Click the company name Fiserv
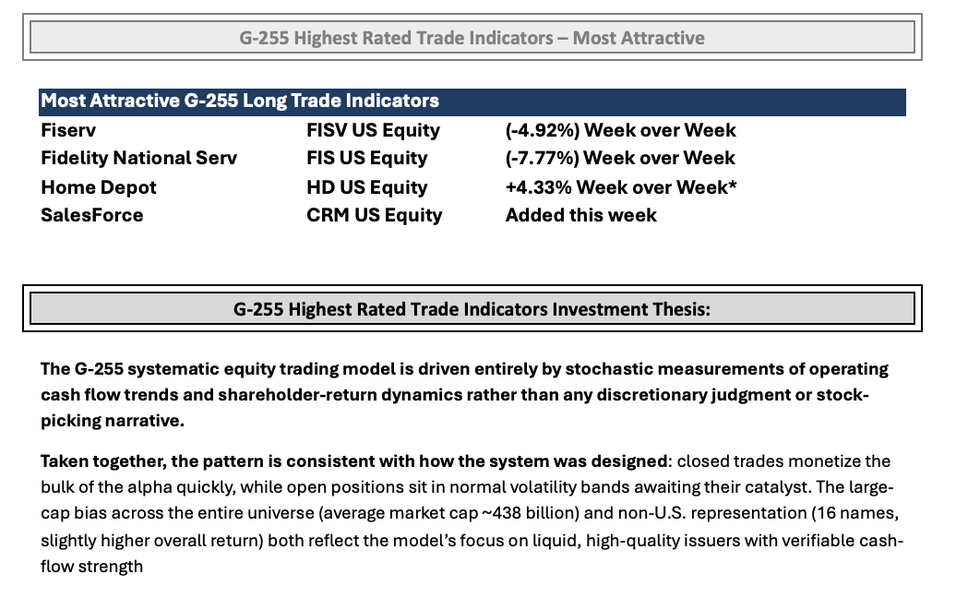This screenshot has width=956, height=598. pyautogui.click(x=68, y=130)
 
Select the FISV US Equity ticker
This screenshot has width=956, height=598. pyautogui.click(x=373, y=130)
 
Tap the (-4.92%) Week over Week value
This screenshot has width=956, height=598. pyautogui.click(x=621, y=130)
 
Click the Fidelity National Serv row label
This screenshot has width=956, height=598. pyautogui.click(x=139, y=158)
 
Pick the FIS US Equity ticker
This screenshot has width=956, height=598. pyautogui.click(x=367, y=159)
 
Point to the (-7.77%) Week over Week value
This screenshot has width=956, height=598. pyautogui.click(x=620, y=159)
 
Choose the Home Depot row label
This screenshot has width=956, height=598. pyautogui.click(x=99, y=187)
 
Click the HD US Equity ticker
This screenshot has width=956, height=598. pyautogui.click(x=367, y=187)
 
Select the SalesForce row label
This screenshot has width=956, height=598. pyautogui.click(x=92, y=215)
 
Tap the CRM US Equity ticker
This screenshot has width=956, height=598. pyautogui.click(x=375, y=216)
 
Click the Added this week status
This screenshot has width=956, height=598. pyautogui.click(x=581, y=215)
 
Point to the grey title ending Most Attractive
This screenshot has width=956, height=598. pyautogui.click(x=472, y=38)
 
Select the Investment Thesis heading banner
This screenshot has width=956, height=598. pyautogui.click(x=472, y=309)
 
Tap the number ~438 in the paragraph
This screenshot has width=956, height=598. pyautogui.click(x=504, y=513)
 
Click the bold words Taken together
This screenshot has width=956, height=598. pyautogui.click(x=103, y=461)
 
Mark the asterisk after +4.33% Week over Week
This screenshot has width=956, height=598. pyautogui.click(x=733, y=183)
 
